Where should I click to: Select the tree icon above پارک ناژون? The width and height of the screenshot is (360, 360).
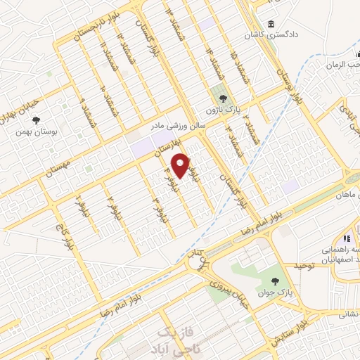tap(223, 98)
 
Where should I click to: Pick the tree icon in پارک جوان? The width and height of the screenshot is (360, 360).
tap(274, 281)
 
